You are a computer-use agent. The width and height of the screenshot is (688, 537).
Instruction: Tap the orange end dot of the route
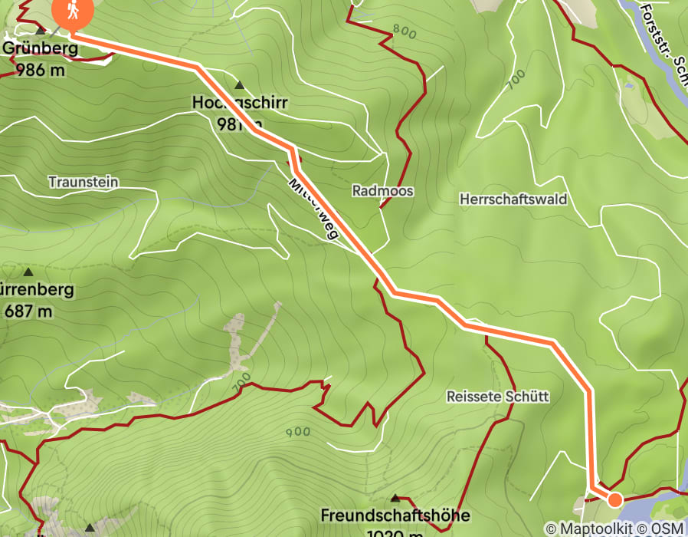point(614,500)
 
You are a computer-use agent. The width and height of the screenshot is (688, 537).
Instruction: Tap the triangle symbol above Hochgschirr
point(239,85)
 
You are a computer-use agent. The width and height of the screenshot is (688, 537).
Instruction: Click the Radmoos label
point(382,190)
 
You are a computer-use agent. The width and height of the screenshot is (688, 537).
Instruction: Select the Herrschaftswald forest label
point(513,199)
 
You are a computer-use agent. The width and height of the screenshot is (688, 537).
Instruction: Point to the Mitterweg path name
point(313,209)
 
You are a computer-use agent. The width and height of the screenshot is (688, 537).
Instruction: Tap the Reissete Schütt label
point(497,397)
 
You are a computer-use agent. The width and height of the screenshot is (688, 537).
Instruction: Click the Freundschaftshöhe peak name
point(395,515)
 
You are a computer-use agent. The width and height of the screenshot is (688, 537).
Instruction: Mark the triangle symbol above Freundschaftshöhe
point(395,498)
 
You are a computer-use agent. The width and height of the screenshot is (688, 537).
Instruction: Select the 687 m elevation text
point(28,311)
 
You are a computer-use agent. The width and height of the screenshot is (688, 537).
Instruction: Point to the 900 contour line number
point(297,432)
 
